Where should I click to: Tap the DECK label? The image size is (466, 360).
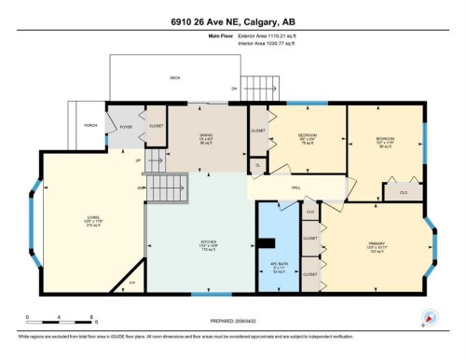coord(174,78)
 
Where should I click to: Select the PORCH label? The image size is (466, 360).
coord(90,125)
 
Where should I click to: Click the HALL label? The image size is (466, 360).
coord(295,187)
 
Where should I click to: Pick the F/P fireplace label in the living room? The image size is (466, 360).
coord(131,280)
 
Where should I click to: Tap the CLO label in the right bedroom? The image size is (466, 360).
coord(403,192)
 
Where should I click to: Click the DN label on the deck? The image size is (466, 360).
coord(235,89)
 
